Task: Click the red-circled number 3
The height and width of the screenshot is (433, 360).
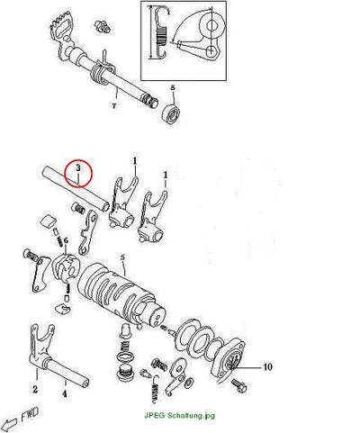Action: pos(78,168)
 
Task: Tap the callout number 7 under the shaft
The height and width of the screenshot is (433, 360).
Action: pos(114,106)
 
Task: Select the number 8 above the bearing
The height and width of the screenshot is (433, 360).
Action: pos(173,87)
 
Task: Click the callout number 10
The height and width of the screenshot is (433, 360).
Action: pos(267,366)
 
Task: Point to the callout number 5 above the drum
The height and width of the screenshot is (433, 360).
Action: pos(122,257)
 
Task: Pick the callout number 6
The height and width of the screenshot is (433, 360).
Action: pos(66,240)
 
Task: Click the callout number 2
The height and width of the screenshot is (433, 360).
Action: pos(35,390)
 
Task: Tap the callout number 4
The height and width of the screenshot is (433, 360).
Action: pos(65,393)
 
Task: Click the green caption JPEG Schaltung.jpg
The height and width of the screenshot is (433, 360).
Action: pos(180,416)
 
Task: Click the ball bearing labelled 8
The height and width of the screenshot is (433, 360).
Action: pos(171,113)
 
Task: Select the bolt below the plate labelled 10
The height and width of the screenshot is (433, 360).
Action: pos(239,385)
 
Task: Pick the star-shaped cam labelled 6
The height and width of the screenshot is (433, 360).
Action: pos(66,267)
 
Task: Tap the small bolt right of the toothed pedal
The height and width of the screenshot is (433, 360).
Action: pos(103,26)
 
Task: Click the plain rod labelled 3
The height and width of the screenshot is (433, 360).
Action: pos(76,188)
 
